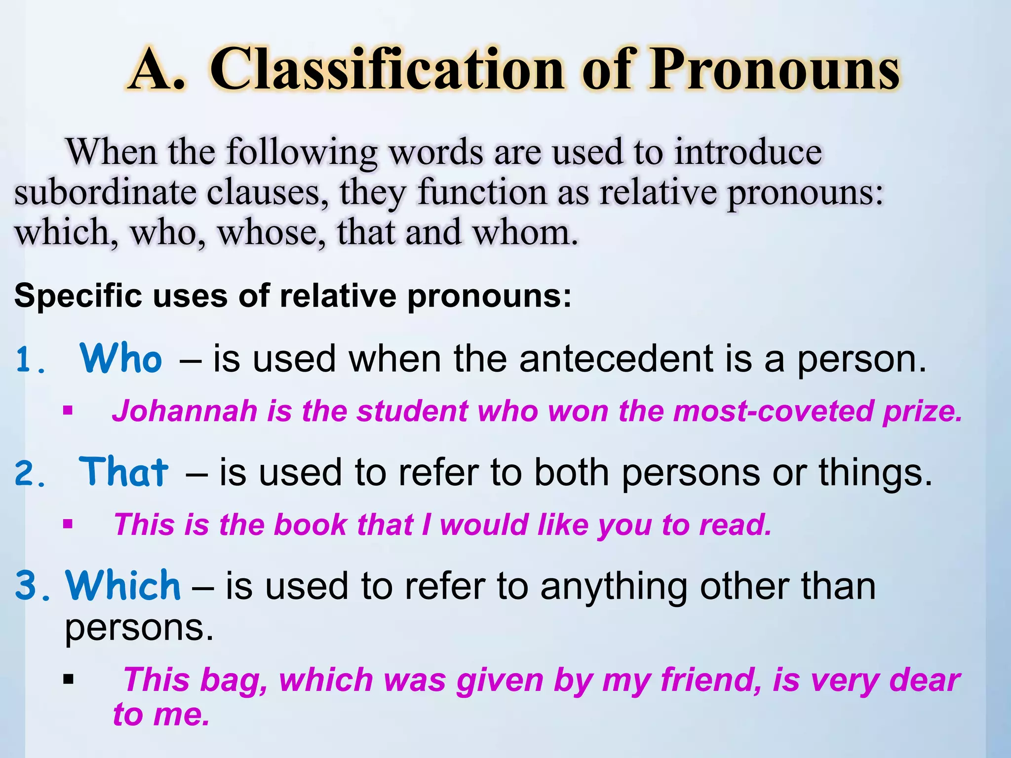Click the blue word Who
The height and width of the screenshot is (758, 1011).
pos(120,358)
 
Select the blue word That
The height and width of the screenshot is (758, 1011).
pos(123,472)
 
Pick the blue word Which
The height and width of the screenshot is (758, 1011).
pos(123,585)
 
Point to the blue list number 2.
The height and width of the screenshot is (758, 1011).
pos(30,475)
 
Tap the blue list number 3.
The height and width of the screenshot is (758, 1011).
pos(32,586)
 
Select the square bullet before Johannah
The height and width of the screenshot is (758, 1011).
pos(68,410)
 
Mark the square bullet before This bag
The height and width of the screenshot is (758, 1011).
pos(68,680)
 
